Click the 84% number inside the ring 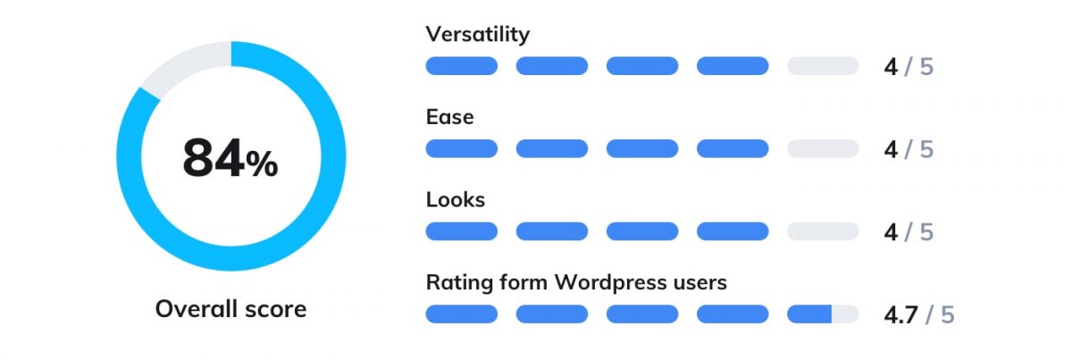pos(230,158)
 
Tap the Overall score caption pos(230,309)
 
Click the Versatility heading pos(478,34)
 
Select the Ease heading pos(450,117)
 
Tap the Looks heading pos(455,199)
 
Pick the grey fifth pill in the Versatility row pos(823,66)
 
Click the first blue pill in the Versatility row pos(461,66)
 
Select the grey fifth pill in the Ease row pos(823,149)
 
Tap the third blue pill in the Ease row pos(642,149)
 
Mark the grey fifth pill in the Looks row pos(823,231)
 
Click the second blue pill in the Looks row pos(552,231)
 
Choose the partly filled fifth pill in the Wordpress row pos(823,314)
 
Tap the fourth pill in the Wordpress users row pos(733,314)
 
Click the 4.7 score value pos(900,315)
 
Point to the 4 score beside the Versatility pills pos(891,67)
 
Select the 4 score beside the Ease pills pos(891,150)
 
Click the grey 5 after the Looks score pos(926,232)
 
